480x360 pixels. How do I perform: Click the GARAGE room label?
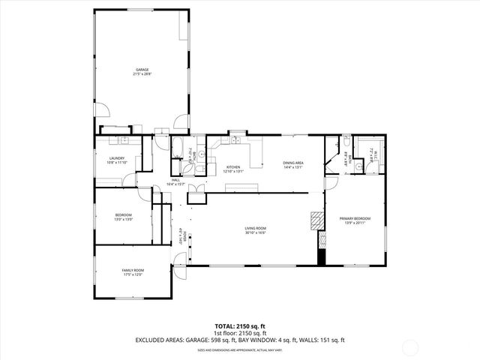point(142,70)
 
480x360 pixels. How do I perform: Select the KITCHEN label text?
point(233,167)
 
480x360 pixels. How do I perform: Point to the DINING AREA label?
point(292,163)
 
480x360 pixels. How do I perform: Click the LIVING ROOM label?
point(255,228)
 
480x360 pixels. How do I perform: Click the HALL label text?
point(175,180)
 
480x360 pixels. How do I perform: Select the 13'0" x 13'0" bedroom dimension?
point(123,220)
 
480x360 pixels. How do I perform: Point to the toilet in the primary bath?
point(359,166)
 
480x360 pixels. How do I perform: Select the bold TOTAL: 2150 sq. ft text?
point(240,325)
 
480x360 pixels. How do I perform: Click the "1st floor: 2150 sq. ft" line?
point(240,332)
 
